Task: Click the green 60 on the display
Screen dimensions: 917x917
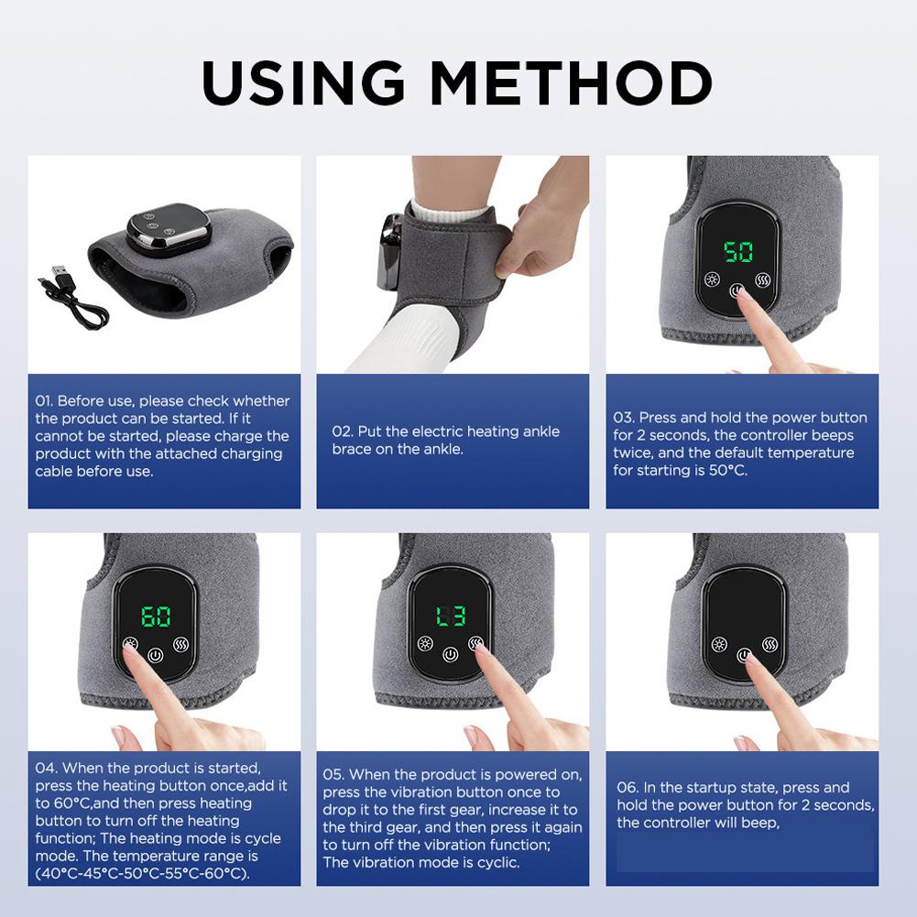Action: (156, 616)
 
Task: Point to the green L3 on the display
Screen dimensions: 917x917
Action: (449, 617)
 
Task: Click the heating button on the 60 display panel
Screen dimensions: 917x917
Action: (131, 644)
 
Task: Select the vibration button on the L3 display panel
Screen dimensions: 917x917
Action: (475, 643)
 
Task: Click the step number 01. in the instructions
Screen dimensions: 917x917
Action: (45, 401)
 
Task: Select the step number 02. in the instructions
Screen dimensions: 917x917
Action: (343, 431)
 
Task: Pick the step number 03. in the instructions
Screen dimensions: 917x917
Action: (624, 418)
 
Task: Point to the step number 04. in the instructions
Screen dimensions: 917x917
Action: (47, 768)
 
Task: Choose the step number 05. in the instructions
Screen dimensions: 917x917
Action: (334, 775)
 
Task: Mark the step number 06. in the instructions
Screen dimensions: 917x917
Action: (628, 788)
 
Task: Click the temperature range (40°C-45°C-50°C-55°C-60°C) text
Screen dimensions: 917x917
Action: (143, 873)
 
